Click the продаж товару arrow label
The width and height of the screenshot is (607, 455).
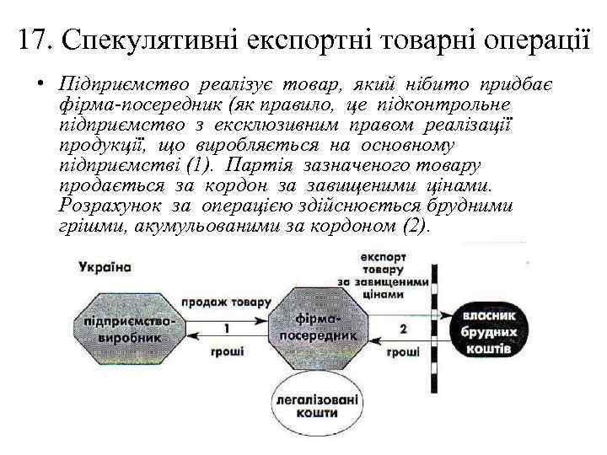pos(225,301)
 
